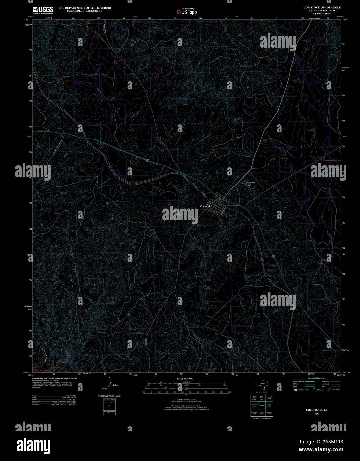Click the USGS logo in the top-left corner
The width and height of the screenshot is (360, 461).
click(x=43, y=10)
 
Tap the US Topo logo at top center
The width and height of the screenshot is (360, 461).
click(x=186, y=12)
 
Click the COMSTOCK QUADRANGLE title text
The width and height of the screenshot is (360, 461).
click(x=322, y=7)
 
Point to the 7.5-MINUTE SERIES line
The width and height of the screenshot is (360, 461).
click(x=322, y=13)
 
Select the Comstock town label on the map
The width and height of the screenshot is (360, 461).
click(x=205, y=206)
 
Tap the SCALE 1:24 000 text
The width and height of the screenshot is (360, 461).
click(x=185, y=378)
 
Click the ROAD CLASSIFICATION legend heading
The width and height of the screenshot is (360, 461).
click(x=317, y=378)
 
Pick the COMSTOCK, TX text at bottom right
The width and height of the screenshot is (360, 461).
click(x=317, y=410)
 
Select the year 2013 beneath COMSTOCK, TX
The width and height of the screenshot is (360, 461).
click(x=317, y=414)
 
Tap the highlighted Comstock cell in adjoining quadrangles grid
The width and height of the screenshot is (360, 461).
click(x=262, y=405)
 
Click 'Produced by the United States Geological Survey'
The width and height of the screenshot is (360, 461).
click(x=54, y=378)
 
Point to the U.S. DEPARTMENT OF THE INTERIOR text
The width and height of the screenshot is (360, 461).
click(x=85, y=8)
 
